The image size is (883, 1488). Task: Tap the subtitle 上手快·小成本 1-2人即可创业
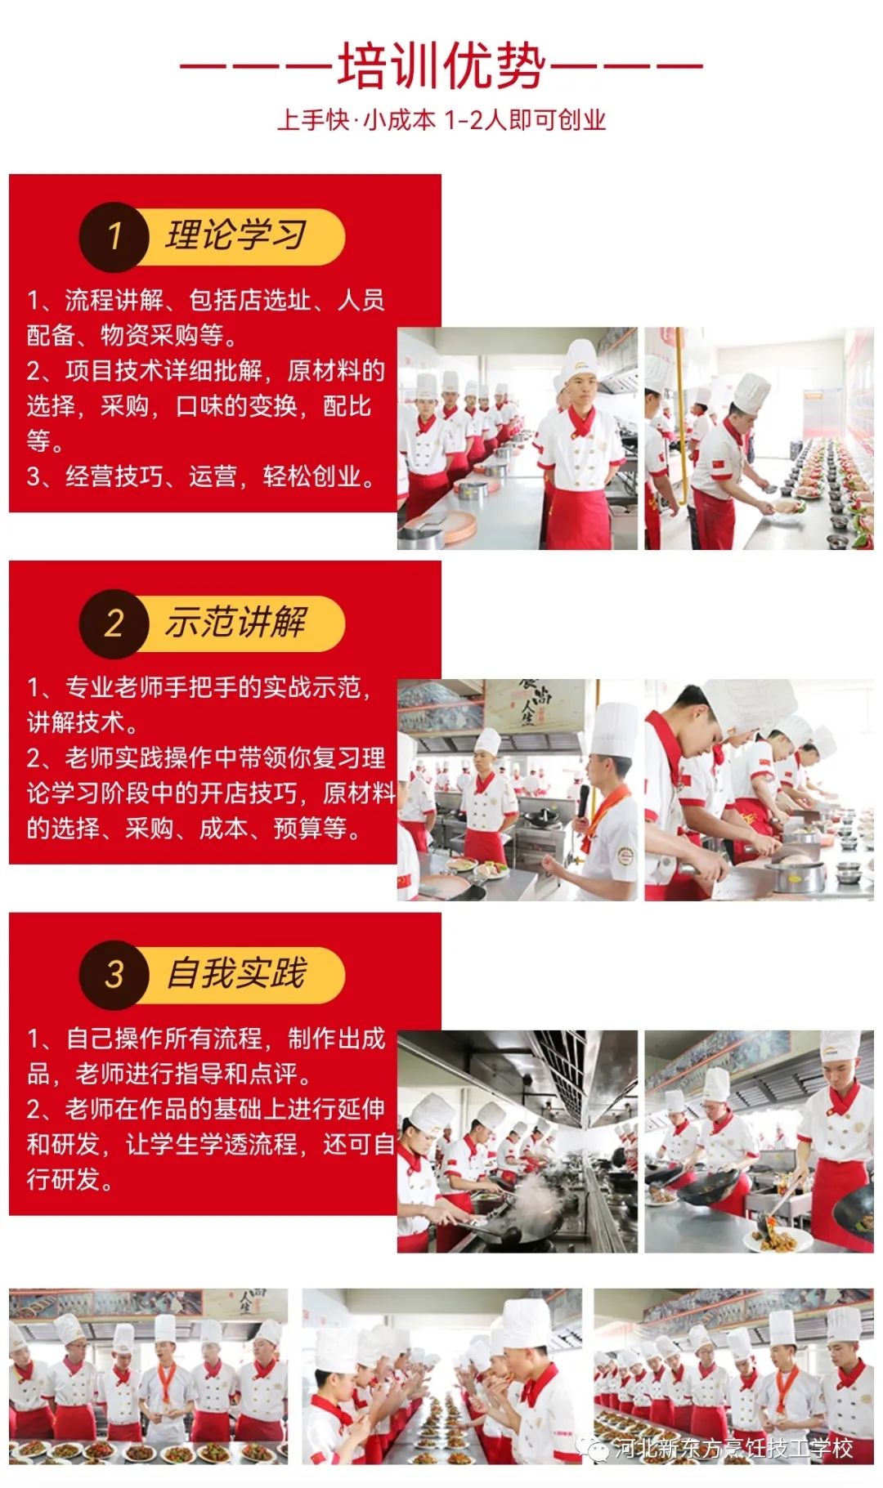[441, 120]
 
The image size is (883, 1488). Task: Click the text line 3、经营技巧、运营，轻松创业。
[202, 476]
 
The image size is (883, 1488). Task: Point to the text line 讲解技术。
[83, 722]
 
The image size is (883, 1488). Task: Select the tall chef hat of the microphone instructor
[614, 730]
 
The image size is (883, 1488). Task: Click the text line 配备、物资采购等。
[133, 335]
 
